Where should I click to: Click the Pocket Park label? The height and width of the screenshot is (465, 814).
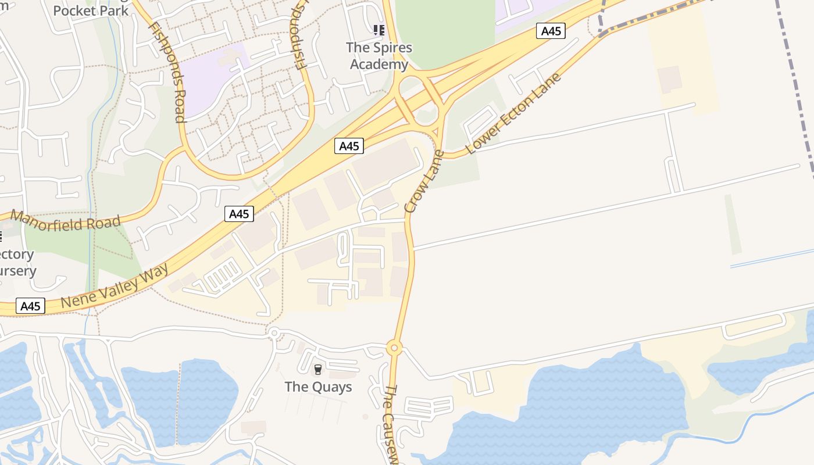coord(90,10)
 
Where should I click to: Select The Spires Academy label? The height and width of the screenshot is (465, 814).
coord(379,56)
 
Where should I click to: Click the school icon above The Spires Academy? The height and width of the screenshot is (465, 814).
coord(379,30)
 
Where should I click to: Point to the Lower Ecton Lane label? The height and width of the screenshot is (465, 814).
coord(513,115)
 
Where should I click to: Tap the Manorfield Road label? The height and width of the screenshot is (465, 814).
coord(66,222)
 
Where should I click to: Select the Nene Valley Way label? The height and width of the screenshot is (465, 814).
coord(115,286)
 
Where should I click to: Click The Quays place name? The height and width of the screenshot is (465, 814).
coord(318,387)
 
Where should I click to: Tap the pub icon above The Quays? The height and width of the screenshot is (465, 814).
coord(317,369)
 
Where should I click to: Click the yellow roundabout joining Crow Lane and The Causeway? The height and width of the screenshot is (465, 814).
coord(394,348)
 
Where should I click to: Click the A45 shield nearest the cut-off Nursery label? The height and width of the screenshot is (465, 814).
coord(30,306)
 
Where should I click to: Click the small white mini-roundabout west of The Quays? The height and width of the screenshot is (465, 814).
coord(273,332)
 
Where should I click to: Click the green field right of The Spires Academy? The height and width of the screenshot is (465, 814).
coord(445,29)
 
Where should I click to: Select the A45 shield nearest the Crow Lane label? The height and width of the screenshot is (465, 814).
coord(349,146)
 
